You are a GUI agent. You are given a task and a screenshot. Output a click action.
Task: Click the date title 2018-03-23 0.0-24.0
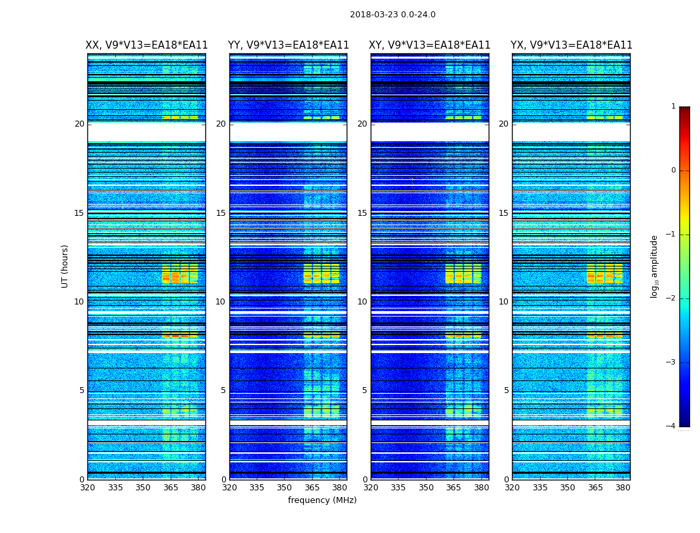[x=393, y=15]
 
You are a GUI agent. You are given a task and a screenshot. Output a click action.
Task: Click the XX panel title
[x=147, y=45]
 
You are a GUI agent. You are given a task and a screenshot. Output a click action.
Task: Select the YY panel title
[x=288, y=45]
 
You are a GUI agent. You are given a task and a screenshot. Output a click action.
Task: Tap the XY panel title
[x=430, y=45]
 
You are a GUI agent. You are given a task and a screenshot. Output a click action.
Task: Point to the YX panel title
[x=571, y=45]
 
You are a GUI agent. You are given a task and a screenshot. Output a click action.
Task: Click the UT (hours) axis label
[x=65, y=266]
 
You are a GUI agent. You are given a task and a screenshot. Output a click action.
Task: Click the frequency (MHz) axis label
[x=322, y=500]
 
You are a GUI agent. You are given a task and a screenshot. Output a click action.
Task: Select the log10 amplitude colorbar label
[x=655, y=266]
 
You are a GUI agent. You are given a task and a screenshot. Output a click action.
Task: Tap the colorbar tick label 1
[x=673, y=107]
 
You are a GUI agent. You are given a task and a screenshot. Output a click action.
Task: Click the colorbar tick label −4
[x=671, y=426]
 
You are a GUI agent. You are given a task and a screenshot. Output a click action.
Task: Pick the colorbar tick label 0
[x=673, y=171]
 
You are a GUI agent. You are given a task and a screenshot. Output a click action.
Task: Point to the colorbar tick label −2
[x=671, y=298]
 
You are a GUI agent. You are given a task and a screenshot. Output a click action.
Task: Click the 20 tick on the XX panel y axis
[x=79, y=124]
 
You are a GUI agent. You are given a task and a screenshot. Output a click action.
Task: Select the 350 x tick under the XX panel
[x=143, y=487]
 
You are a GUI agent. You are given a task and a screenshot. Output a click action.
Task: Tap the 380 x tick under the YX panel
[x=623, y=487]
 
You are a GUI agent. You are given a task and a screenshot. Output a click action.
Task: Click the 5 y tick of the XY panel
[x=365, y=390]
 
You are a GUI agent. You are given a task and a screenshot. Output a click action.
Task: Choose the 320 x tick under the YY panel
[x=229, y=487]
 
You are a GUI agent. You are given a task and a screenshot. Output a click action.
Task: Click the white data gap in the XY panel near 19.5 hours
[x=429, y=131]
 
